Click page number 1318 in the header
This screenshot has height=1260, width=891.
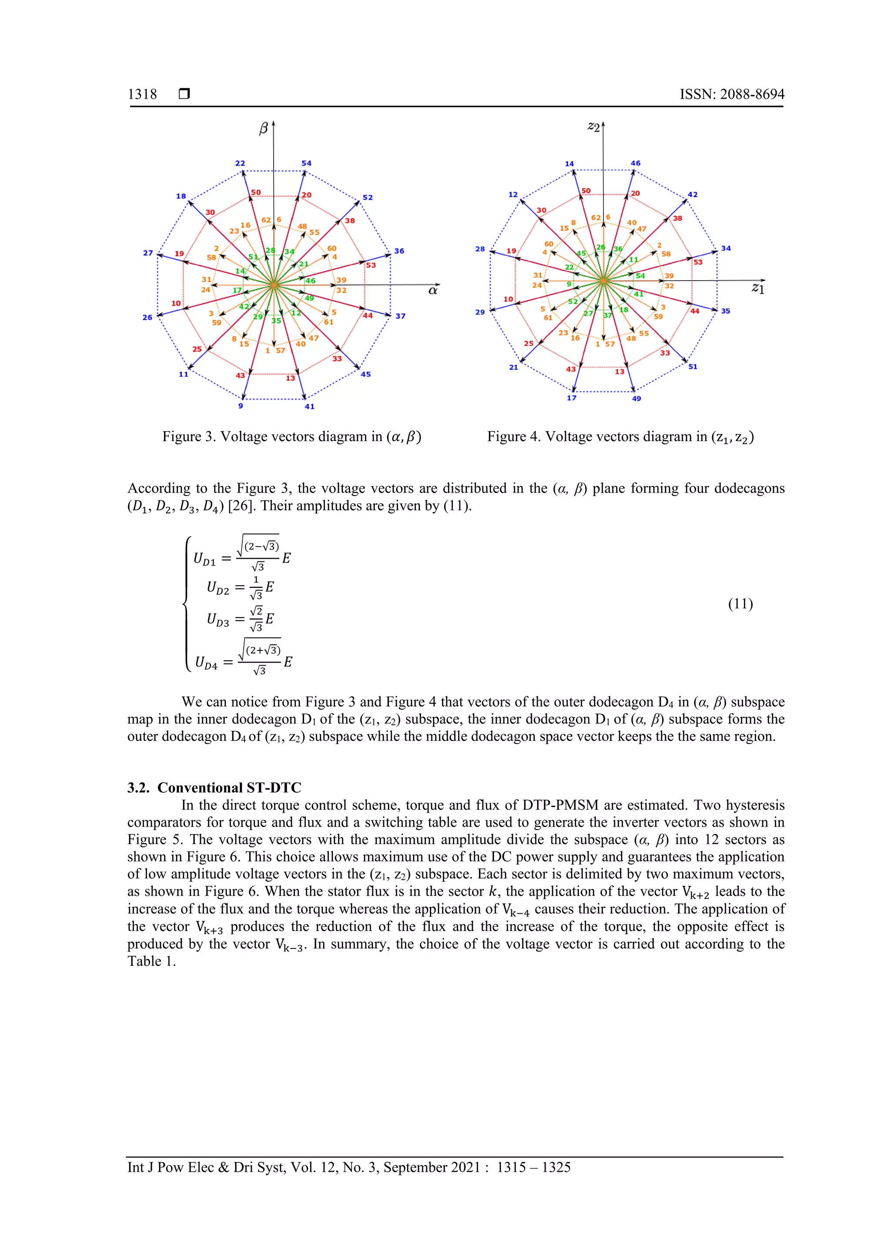tap(142, 94)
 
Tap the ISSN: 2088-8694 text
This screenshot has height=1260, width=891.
tap(731, 94)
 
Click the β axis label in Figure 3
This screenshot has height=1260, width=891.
tap(263, 128)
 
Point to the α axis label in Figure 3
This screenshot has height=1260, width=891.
tap(433, 290)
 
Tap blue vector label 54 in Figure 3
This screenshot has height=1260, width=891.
tap(306, 163)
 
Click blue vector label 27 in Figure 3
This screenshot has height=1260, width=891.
tap(147, 253)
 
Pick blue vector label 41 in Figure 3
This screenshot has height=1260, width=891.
tap(309, 407)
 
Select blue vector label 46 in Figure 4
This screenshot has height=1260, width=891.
tap(635, 163)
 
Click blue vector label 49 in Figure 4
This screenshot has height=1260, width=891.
tap(636, 399)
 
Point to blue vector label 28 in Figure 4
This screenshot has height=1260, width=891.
tap(480, 249)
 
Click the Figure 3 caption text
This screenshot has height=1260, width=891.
tap(291, 437)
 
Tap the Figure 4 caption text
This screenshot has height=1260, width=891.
tap(620, 437)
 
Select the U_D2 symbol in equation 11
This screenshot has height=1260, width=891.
tap(218, 588)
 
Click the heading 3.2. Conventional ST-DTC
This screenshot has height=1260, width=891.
tap(214, 787)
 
